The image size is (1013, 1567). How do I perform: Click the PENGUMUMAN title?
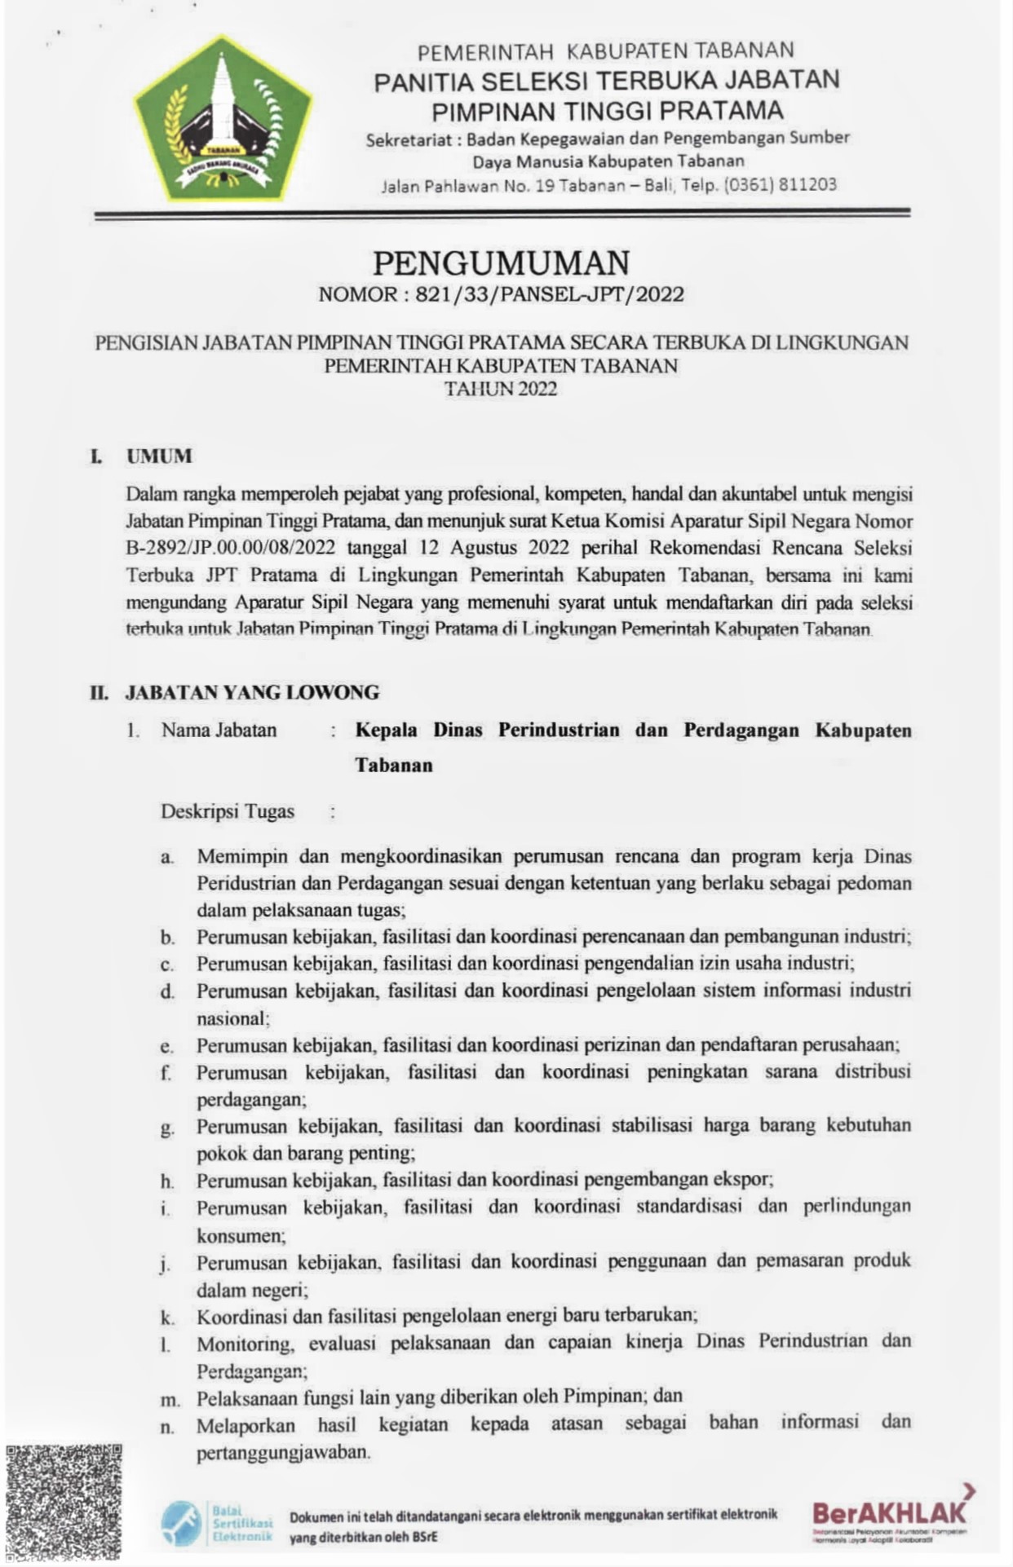tap(501, 263)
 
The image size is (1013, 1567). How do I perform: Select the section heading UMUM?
tap(159, 456)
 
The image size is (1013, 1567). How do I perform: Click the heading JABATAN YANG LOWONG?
tap(252, 693)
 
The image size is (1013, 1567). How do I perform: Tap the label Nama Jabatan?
tap(219, 730)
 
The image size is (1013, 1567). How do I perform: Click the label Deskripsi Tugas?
tap(228, 812)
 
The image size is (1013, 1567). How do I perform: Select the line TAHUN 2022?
tap(501, 389)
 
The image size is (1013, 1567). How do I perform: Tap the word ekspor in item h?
tap(745, 1180)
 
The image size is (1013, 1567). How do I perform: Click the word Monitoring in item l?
tap(243, 1343)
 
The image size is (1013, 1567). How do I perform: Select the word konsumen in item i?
tap(240, 1235)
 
